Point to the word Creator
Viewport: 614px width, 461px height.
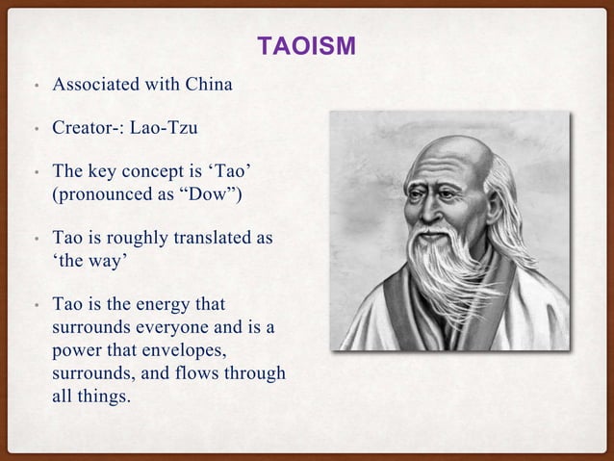(84, 127)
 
